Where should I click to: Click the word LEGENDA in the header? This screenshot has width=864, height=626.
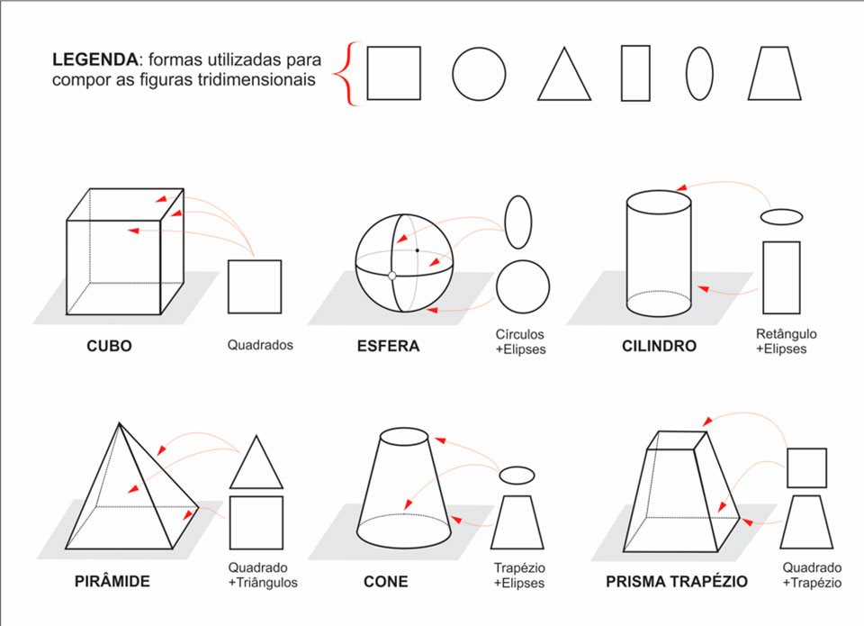coord(94,59)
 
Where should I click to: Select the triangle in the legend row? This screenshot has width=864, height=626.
coord(564,74)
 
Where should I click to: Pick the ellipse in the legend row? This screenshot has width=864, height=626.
coord(699,73)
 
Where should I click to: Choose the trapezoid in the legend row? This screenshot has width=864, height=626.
coord(774,73)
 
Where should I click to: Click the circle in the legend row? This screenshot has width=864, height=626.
coord(479,73)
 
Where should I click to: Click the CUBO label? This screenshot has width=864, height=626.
coord(109,347)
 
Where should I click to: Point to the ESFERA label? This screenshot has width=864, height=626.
coord(389,347)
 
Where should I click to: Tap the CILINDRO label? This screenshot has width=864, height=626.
coord(659,347)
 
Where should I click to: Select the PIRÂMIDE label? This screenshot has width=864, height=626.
coord(112,581)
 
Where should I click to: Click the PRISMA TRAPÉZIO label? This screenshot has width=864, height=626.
coord(677,581)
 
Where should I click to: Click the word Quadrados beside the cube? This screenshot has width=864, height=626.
coord(260,345)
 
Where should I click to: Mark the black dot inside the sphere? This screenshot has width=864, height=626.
coord(417,250)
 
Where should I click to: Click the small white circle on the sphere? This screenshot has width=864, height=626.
coord(391,276)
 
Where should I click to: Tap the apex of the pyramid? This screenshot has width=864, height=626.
coord(119,423)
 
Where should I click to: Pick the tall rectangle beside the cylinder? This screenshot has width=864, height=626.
coord(781,277)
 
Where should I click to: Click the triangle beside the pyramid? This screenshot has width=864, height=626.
coord(256,462)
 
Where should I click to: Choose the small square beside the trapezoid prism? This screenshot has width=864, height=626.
coord(806,467)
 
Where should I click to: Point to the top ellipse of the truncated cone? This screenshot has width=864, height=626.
coord(404,436)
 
